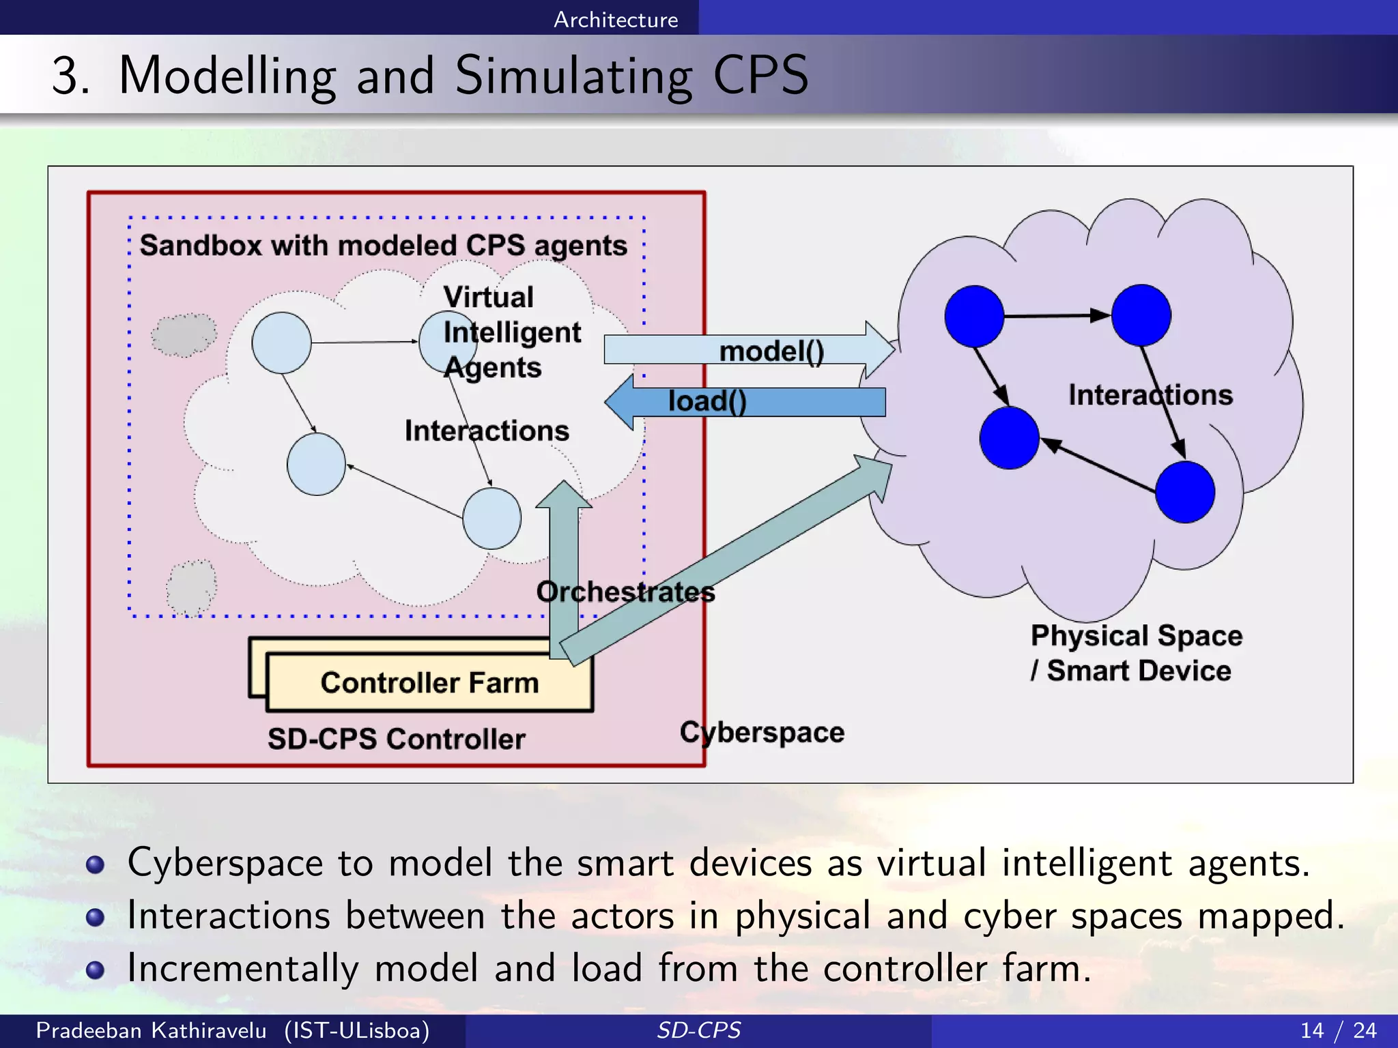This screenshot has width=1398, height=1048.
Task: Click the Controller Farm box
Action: (x=429, y=682)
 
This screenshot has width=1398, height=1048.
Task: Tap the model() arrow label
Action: (x=771, y=351)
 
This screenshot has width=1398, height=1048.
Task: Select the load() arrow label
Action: (x=707, y=401)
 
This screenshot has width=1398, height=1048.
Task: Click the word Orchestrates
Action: (x=625, y=592)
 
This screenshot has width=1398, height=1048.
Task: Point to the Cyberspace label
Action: (x=762, y=732)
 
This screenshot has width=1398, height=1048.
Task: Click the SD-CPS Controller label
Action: (x=396, y=739)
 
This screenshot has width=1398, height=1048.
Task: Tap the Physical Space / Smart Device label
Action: (x=1136, y=653)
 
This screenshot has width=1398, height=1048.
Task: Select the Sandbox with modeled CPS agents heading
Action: (x=383, y=246)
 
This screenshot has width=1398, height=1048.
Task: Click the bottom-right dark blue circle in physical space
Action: (x=1185, y=492)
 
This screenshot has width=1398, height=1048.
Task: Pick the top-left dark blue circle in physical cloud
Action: (x=974, y=316)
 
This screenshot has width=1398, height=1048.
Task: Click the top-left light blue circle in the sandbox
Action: (x=281, y=343)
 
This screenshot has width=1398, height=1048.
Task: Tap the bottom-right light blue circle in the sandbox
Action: (x=491, y=519)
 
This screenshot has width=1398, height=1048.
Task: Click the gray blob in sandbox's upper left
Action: (x=183, y=335)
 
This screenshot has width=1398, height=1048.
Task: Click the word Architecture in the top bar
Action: (x=616, y=19)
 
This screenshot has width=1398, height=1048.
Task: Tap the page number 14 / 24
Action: (x=1338, y=1030)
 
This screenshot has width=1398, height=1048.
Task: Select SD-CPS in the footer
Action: (x=698, y=1030)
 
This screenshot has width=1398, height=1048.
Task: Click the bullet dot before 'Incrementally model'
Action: (x=96, y=970)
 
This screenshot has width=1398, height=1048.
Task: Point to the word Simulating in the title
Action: (x=573, y=76)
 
